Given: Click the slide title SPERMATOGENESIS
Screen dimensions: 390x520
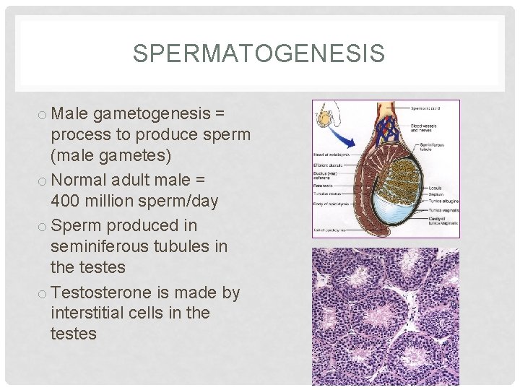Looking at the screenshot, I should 259,53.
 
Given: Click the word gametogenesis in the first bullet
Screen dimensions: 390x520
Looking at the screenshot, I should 149,113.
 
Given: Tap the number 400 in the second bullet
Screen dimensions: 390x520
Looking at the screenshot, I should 66,201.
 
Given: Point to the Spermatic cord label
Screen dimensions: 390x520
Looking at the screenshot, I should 426,109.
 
